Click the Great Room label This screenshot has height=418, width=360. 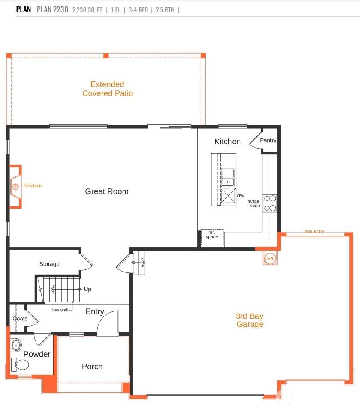pyautogui.click(x=107, y=191)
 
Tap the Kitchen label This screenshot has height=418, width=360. pyautogui.click(x=228, y=142)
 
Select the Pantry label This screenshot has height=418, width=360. pyautogui.click(x=268, y=140)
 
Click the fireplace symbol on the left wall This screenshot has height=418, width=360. pyautogui.click(x=16, y=187)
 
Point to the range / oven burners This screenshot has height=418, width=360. pyautogui.click(x=270, y=203)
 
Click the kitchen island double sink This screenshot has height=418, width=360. pyautogui.click(x=228, y=178)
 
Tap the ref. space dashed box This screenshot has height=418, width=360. pyautogui.click(x=212, y=237)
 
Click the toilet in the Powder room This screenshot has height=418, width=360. pyautogui.click(x=20, y=365)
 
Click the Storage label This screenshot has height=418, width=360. pyautogui.click(x=49, y=264)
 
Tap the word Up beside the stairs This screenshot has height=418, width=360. pyautogui.click(x=87, y=289)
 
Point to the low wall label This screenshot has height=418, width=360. pyautogui.click(x=60, y=310)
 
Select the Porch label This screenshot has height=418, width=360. pyautogui.click(x=92, y=367)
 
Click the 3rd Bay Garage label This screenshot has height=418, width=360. pyautogui.click(x=249, y=320)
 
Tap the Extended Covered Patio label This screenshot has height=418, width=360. pyautogui.click(x=108, y=89)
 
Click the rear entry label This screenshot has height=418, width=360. pyautogui.click(x=314, y=231)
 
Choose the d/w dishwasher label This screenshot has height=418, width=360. pyautogui.click(x=241, y=195)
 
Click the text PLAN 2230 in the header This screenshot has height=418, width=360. pyautogui.click(x=53, y=9)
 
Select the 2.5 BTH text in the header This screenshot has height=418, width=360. pyautogui.click(x=165, y=10)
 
